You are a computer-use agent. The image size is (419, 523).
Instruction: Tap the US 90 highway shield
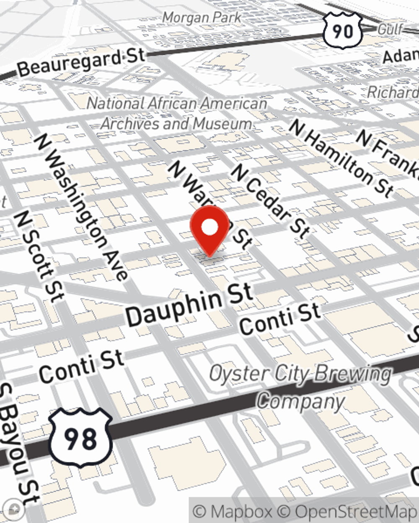342,31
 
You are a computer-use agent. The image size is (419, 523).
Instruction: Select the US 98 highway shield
80,438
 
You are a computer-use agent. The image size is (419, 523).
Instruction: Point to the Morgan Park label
202,18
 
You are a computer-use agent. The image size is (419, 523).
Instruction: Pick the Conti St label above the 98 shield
82,367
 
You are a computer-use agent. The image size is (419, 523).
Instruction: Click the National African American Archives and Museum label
177,113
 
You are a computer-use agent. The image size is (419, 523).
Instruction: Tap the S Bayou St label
19,444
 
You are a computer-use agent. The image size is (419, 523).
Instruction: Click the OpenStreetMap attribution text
354,511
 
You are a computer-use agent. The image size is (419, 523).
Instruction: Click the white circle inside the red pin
209,228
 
